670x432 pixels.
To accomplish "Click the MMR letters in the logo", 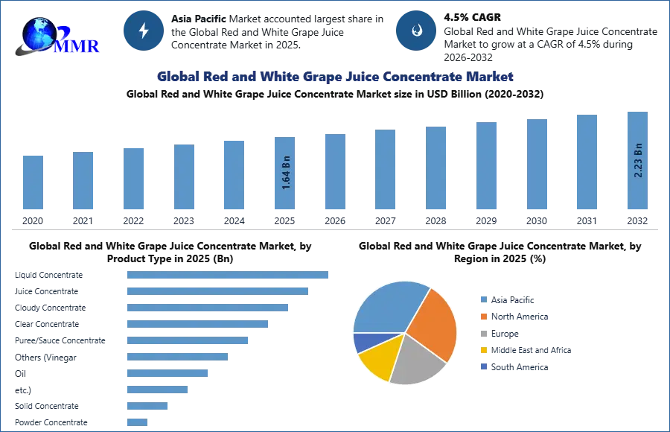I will [77, 45].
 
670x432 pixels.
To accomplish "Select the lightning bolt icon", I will [143, 31].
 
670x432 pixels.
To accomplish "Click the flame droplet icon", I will [416, 31].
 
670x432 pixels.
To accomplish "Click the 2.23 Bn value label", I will [638, 159].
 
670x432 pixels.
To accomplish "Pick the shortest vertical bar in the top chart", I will [33, 183].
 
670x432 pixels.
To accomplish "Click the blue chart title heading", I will [335, 77].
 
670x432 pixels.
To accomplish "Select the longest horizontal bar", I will [229, 274].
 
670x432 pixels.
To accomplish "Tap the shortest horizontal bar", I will [137, 422].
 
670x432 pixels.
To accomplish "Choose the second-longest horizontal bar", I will [217, 291].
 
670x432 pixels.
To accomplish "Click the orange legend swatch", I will [482, 316].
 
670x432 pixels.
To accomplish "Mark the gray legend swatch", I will [482, 333].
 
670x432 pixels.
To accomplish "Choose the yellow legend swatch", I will [482, 350].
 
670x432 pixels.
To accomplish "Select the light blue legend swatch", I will [482, 298].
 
